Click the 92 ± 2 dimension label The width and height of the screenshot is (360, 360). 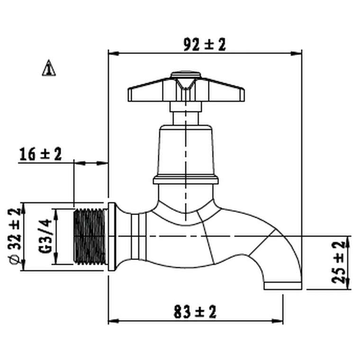[x=205, y=45]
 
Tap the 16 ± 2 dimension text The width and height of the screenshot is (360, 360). [x=41, y=154]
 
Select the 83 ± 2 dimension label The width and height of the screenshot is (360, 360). [x=195, y=312]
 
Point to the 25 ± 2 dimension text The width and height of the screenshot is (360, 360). [x=339, y=262]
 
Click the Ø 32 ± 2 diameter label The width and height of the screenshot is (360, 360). [x=15, y=236]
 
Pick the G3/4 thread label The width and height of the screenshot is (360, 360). [x=45, y=236]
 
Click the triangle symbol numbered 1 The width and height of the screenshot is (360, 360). [x=49, y=68]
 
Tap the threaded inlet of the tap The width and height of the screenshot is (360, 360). [x=90, y=236]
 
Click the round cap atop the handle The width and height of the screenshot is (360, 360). [x=186, y=74]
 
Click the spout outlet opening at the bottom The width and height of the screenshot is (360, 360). [x=283, y=286]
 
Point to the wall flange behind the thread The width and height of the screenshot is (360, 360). [x=112, y=237]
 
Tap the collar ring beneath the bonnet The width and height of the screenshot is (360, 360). [x=186, y=180]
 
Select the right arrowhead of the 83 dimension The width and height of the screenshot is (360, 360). [x=278, y=321]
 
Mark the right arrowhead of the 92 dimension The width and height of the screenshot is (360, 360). [x=296, y=54]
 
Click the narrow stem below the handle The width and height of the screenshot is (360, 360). [x=186, y=118]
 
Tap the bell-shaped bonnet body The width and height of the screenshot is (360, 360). [x=186, y=150]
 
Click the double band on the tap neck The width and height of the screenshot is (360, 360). [x=139, y=236]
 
